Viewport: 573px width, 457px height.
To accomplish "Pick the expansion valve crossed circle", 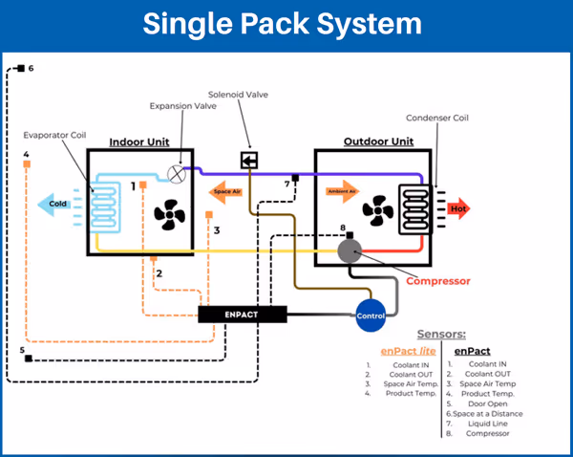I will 177,173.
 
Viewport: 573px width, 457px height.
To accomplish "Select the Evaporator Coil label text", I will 58,136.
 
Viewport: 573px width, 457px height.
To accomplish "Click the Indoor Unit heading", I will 140,141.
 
